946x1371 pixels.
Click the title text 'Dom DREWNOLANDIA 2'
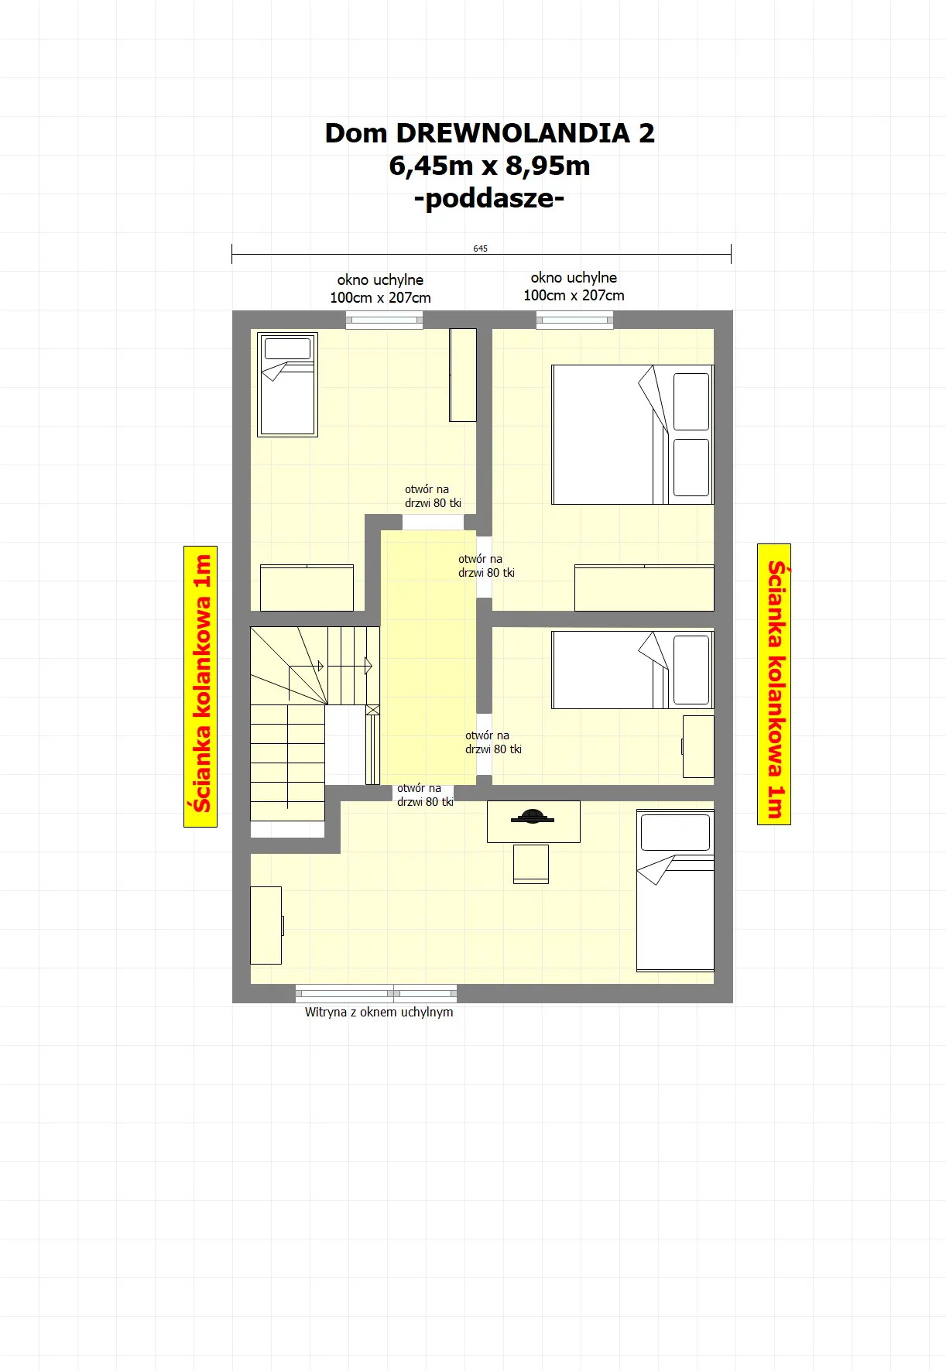(x=489, y=133)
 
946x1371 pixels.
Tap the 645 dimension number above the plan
(x=481, y=248)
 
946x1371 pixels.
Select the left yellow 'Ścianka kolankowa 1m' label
(x=201, y=686)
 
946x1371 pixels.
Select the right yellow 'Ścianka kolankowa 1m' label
(x=774, y=684)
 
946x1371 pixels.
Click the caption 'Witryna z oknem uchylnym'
(x=379, y=1012)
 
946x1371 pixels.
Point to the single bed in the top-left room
(x=287, y=385)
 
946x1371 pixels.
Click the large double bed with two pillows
(x=632, y=435)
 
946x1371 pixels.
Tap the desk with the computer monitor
(x=533, y=821)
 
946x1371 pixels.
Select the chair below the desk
(x=531, y=864)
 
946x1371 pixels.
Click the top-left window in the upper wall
(x=384, y=320)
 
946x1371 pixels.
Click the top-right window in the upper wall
(x=574, y=320)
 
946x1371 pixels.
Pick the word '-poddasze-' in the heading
(x=489, y=198)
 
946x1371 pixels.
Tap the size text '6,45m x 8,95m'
(x=489, y=166)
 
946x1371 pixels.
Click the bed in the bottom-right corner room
(x=675, y=890)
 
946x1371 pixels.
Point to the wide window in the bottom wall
(x=376, y=993)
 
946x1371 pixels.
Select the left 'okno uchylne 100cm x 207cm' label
(x=380, y=289)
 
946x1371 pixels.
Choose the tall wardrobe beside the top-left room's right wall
(x=463, y=375)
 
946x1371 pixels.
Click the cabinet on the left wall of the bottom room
(x=266, y=925)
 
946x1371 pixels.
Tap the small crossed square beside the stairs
(x=372, y=710)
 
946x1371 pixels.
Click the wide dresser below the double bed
(x=644, y=588)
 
